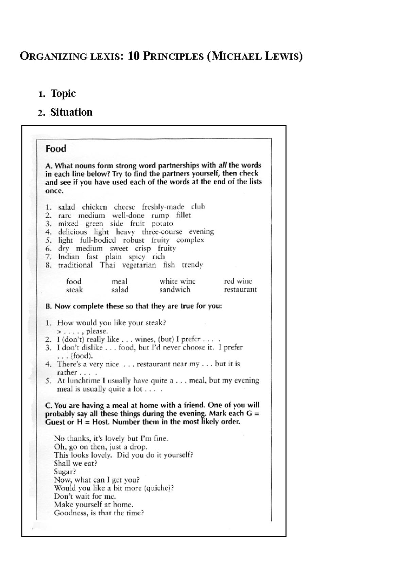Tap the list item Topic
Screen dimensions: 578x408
point(63,94)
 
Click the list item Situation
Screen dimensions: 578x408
point(71,112)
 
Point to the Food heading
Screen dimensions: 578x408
point(56,149)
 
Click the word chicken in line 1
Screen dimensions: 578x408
point(94,207)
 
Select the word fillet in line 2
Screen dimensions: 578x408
point(183,215)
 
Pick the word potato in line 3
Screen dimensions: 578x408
point(162,224)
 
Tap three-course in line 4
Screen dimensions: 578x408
point(162,232)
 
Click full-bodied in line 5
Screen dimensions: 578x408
point(98,240)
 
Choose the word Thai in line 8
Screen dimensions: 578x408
point(107,265)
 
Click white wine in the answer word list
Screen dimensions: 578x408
point(177,282)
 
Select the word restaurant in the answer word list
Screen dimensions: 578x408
point(240,290)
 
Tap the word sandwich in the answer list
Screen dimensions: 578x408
point(175,290)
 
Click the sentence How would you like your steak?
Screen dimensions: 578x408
point(111,322)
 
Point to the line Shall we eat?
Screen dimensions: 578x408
point(75,463)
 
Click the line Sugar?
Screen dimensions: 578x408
point(65,472)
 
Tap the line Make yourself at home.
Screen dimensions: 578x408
point(93,504)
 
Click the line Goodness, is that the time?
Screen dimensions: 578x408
point(99,513)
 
